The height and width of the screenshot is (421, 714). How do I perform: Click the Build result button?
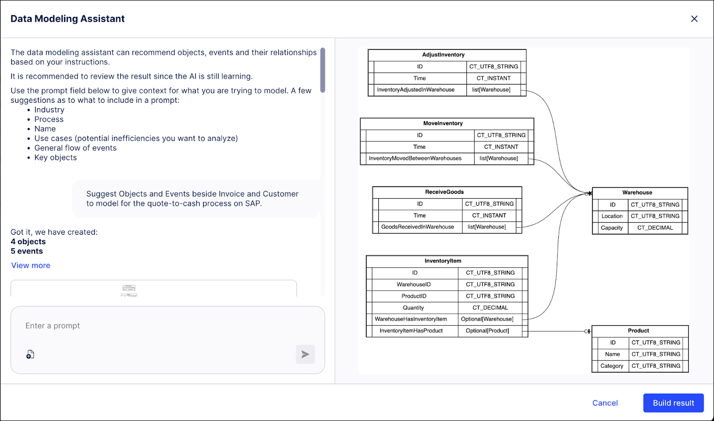click(673, 403)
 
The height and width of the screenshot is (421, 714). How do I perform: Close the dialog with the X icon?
click(694, 19)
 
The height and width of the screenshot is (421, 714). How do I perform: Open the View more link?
click(31, 265)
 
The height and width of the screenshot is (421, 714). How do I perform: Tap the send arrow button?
click(305, 354)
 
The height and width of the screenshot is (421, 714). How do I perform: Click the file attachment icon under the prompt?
click(30, 354)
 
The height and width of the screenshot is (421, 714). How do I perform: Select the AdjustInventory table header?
click(443, 55)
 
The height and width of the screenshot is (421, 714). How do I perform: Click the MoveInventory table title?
click(443, 124)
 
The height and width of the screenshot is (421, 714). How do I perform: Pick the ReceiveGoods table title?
click(444, 192)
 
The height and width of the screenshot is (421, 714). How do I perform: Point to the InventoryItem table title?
click(443, 261)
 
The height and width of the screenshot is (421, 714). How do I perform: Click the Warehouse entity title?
click(637, 193)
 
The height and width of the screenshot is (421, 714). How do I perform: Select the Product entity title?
click(638, 331)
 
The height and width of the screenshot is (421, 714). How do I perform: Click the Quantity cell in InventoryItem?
click(413, 308)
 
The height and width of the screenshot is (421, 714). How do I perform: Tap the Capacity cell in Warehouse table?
click(612, 228)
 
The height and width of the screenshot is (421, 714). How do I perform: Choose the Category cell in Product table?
click(612, 366)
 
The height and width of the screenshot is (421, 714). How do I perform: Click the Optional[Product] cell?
click(487, 331)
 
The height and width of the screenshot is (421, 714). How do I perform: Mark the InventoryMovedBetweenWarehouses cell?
click(415, 159)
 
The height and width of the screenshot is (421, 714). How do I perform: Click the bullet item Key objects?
click(55, 158)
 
